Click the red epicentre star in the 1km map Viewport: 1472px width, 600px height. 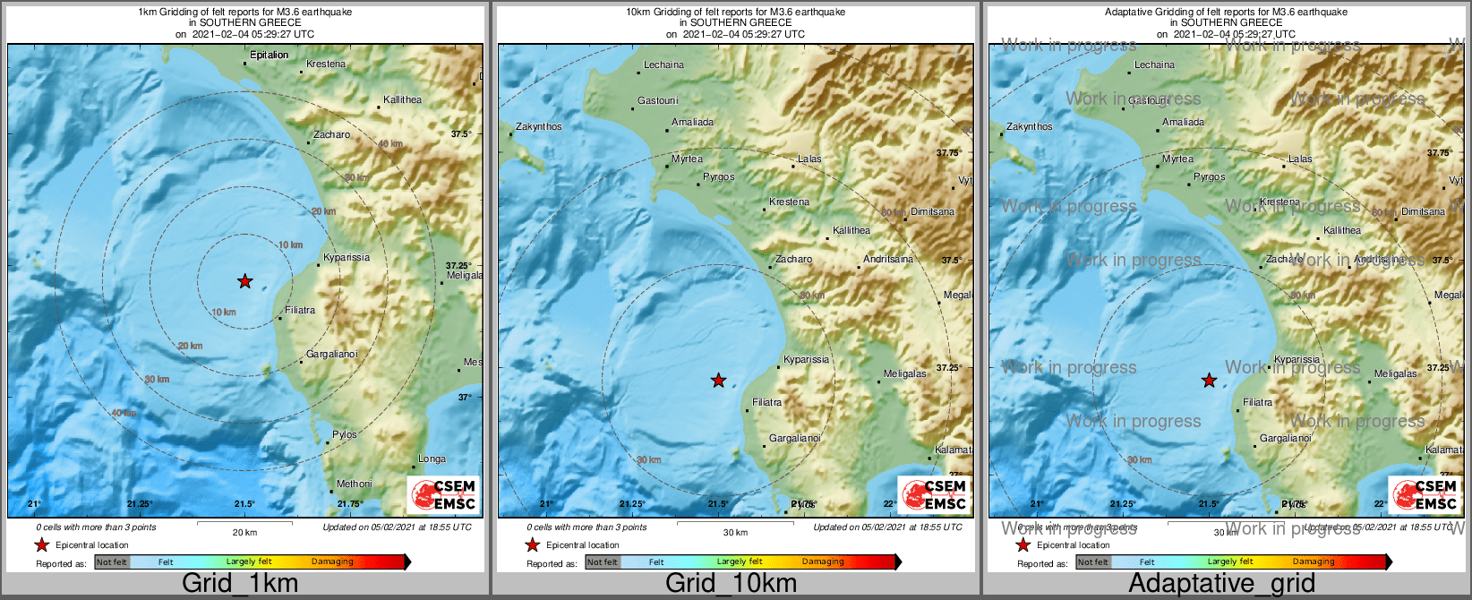(244, 281)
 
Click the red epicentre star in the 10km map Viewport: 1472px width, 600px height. (718, 381)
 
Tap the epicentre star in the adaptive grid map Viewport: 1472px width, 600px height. (1209, 381)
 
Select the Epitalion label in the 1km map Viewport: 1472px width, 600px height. (269, 55)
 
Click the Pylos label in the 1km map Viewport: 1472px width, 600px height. (345, 434)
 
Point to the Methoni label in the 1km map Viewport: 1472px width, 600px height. (354, 484)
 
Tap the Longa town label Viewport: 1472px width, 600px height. (432, 459)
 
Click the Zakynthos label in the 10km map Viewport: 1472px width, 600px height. (539, 126)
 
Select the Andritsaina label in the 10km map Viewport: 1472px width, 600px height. (888, 259)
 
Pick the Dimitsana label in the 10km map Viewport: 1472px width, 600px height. (932, 211)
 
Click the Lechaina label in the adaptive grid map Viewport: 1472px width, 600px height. (1154, 64)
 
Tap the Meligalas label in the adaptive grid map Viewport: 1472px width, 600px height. (1395, 373)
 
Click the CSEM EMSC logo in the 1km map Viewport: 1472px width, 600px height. (443, 494)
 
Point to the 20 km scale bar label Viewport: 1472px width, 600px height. (244, 532)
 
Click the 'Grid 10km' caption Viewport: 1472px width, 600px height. (731, 583)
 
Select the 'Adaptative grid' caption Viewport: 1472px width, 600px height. (1221, 583)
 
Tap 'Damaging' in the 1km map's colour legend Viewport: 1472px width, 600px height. (332, 561)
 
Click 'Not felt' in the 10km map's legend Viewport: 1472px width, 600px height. (602, 561)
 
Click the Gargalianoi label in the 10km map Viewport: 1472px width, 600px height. (795, 438)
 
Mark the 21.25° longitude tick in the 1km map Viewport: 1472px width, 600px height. (140, 504)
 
